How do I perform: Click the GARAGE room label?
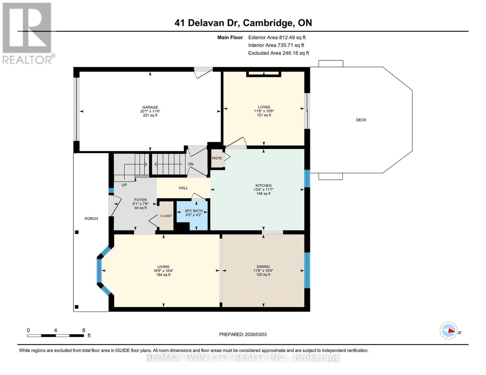(x=150, y=107)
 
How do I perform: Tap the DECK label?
(x=361, y=120)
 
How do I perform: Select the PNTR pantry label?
(x=217, y=158)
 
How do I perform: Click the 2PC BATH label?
(x=193, y=211)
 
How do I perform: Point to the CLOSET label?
(x=166, y=216)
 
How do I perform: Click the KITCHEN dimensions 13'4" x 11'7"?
(x=263, y=190)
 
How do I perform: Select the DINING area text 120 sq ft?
(x=263, y=275)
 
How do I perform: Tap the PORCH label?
(x=91, y=219)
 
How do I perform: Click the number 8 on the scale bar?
(x=84, y=330)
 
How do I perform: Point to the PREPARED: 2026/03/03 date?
(x=243, y=334)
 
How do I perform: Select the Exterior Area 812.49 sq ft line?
(x=277, y=37)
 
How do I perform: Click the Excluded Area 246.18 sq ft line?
(x=278, y=53)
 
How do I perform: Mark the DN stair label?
(x=191, y=164)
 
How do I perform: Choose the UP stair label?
(x=124, y=185)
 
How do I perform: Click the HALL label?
(x=183, y=188)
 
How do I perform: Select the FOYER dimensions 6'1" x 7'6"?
(x=140, y=204)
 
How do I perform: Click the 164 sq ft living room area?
(x=163, y=275)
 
